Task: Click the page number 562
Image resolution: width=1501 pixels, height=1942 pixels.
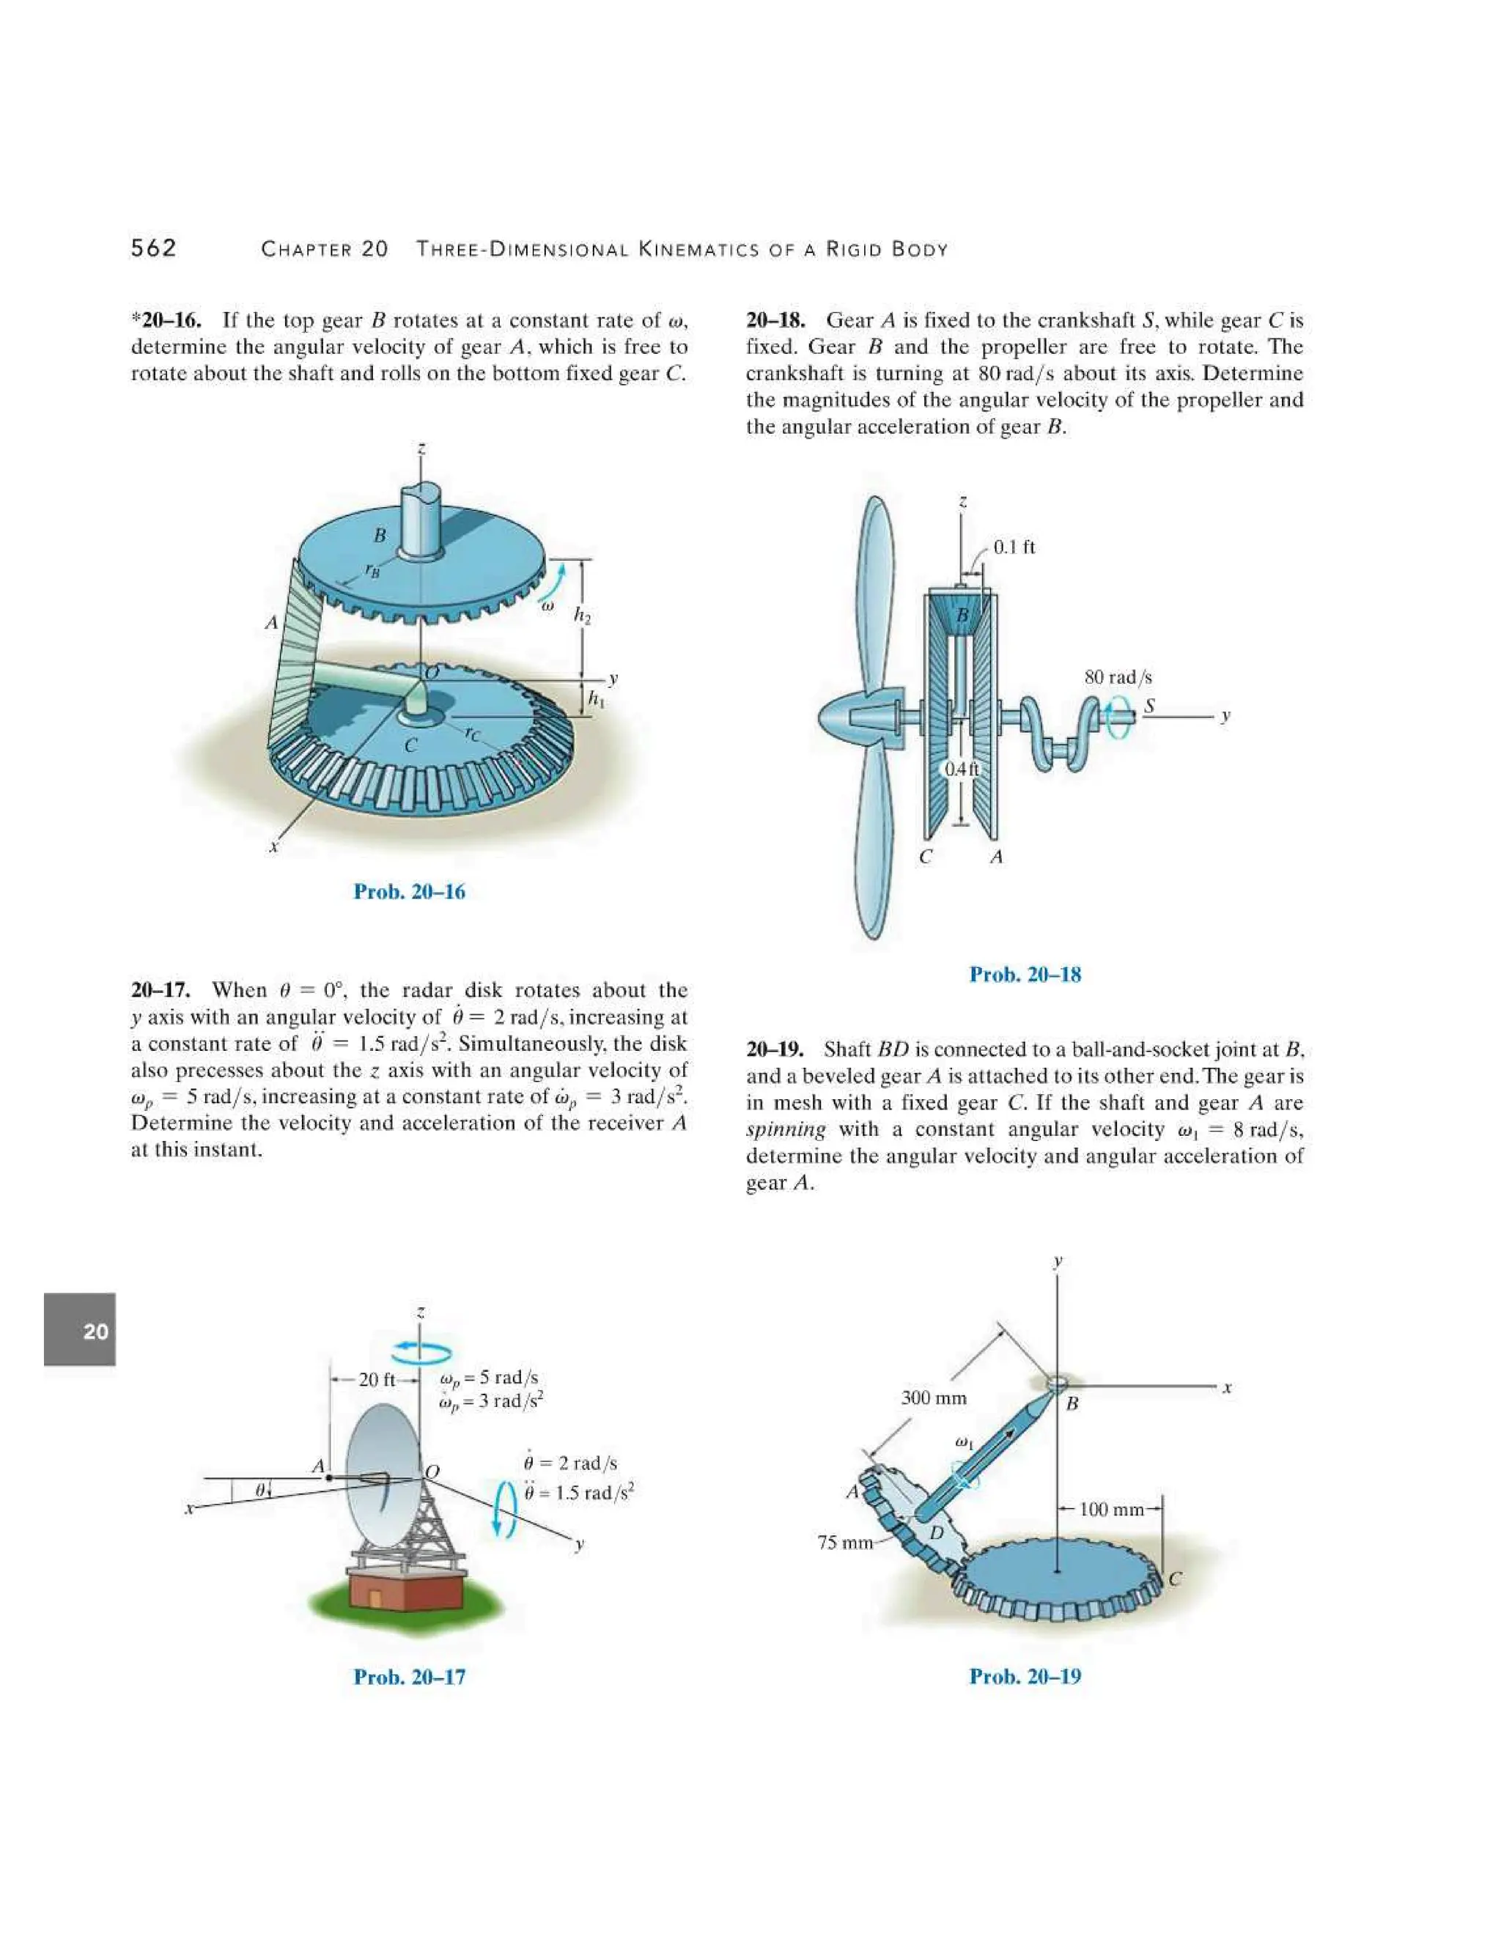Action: (x=154, y=248)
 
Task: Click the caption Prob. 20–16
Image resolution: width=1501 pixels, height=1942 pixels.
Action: (x=409, y=891)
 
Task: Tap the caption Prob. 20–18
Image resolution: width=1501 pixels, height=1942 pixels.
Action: (x=1025, y=975)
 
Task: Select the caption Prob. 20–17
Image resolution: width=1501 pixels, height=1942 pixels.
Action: (x=409, y=1676)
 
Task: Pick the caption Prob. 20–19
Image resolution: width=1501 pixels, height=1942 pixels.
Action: (x=1025, y=1676)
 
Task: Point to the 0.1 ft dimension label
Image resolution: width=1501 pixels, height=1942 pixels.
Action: (x=1014, y=547)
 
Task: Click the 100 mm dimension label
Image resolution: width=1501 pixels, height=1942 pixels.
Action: (x=1110, y=1509)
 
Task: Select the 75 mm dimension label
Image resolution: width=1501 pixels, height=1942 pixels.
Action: (x=845, y=1542)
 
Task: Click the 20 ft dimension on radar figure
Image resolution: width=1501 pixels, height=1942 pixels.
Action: (x=376, y=1379)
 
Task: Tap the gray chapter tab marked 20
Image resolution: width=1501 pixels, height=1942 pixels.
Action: (x=80, y=1330)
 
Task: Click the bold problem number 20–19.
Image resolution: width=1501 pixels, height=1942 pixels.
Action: (x=775, y=1049)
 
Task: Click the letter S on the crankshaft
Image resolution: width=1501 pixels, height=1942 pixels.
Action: (x=1149, y=705)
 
